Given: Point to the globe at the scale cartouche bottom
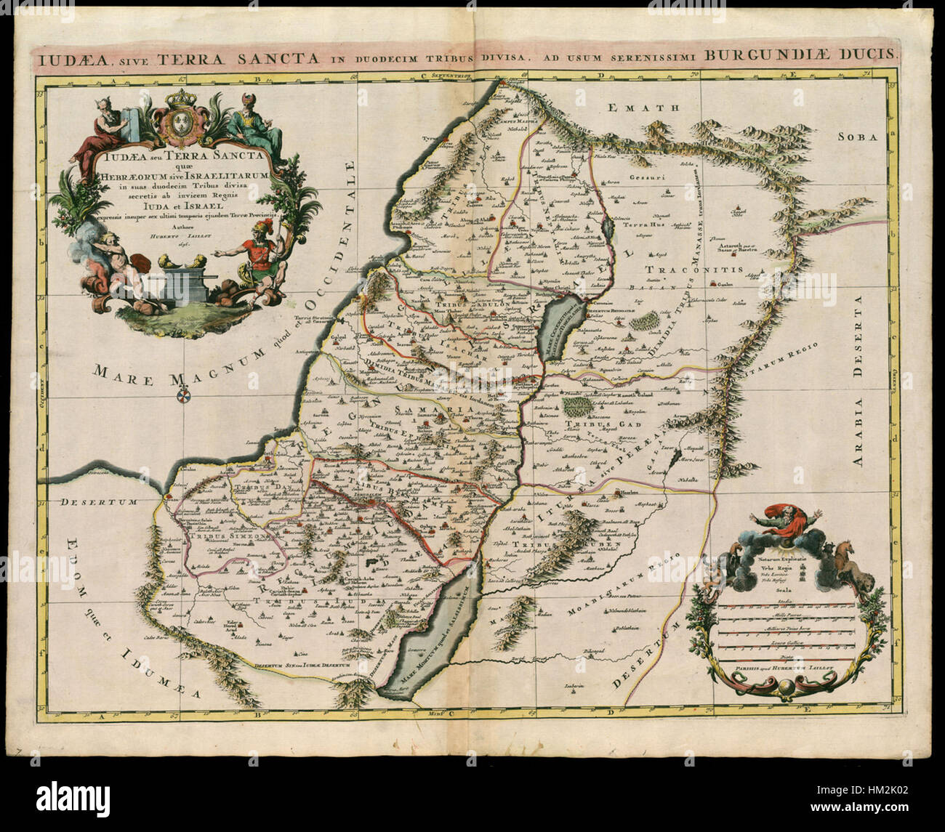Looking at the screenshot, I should point(785,687).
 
